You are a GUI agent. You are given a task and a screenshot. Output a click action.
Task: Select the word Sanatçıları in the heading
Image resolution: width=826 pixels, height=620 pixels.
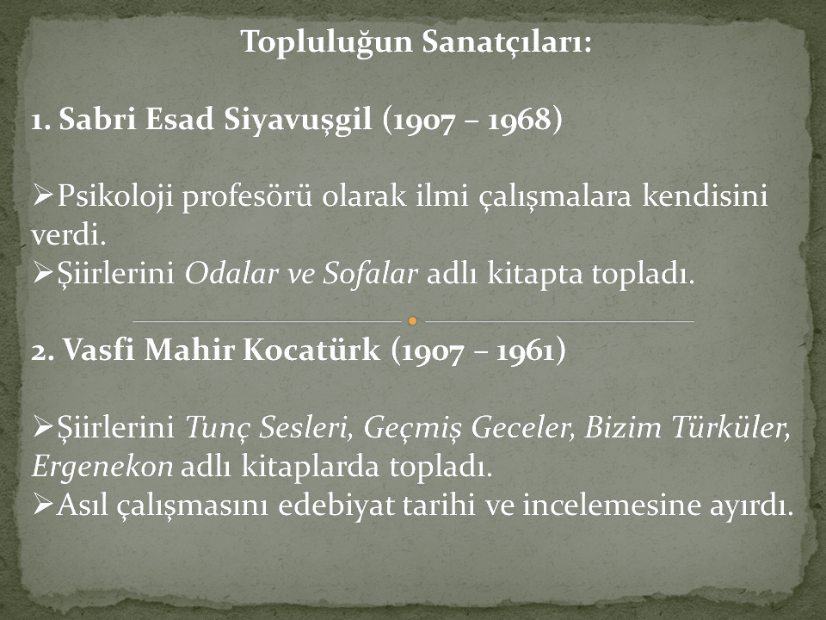pyautogui.click(x=506, y=41)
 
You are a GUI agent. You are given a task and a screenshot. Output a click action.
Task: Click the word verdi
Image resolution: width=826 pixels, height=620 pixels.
pyautogui.click(x=69, y=234)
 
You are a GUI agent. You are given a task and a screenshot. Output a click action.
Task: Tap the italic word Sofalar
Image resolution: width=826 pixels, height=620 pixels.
pyautogui.click(x=370, y=273)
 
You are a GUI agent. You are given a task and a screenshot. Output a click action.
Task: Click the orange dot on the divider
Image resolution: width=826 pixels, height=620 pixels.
pyautogui.click(x=413, y=320)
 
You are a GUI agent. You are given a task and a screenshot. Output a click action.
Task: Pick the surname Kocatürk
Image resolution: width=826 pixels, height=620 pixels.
pyautogui.click(x=311, y=350)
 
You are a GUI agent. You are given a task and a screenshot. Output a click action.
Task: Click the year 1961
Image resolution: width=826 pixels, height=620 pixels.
pyautogui.click(x=525, y=351)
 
